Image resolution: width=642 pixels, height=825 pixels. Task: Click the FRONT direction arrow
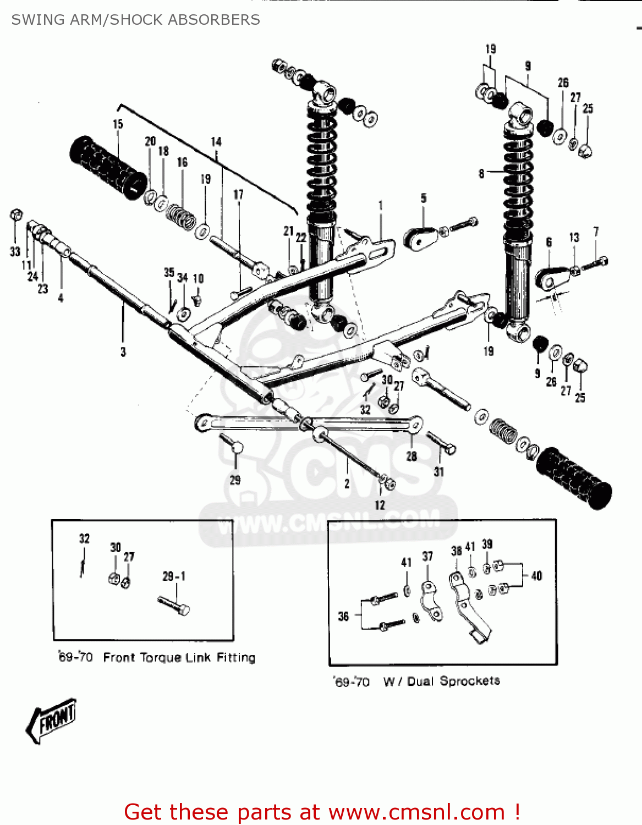[51, 721]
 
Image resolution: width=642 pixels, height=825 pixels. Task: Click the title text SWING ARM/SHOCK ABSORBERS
[135, 20]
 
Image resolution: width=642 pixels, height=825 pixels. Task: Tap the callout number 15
[118, 124]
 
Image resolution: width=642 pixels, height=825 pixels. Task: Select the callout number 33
[15, 252]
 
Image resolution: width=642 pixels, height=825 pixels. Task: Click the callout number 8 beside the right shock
[481, 174]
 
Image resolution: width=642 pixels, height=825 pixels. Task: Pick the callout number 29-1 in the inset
[174, 576]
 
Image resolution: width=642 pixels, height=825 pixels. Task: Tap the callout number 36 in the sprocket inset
[343, 616]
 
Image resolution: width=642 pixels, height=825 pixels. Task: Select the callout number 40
[536, 576]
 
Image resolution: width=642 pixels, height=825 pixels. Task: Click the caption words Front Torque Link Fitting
[179, 657]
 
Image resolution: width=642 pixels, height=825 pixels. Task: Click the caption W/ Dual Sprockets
[441, 681]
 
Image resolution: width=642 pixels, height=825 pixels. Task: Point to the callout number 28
[411, 456]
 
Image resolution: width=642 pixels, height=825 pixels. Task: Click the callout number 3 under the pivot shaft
[123, 351]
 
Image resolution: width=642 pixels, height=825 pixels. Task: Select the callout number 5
[424, 198]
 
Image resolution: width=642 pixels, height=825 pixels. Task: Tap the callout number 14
[216, 142]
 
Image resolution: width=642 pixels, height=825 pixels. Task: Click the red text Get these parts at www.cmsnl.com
[322, 812]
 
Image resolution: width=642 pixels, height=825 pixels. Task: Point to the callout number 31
[438, 471]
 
